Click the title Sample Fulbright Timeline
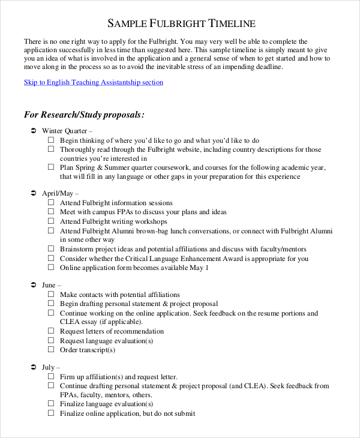point(181,23)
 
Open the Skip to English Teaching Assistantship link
point(93,83)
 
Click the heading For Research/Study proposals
point(83,114)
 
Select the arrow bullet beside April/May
point(33,194)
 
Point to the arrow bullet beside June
point(33,286)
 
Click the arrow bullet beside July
point(33,367)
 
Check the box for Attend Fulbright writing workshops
point(51,221)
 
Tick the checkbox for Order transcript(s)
point(51,350)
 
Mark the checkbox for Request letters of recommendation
point(51,331)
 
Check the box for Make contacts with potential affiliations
point(51,295)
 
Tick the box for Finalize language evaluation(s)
point(51,404)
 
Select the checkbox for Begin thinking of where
point(51,140)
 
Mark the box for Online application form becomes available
point(51,268)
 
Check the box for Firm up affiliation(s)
point(51,377)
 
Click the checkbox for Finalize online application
point(51,413)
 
